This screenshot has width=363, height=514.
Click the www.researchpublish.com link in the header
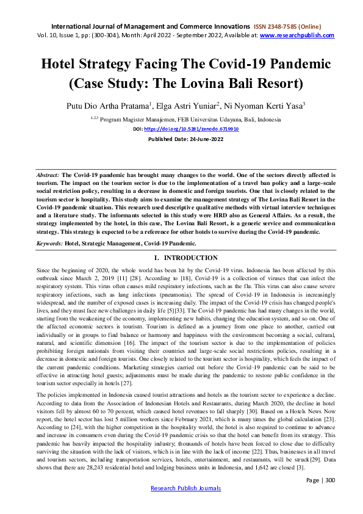point(297,35)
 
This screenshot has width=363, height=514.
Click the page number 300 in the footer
point(329,498)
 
